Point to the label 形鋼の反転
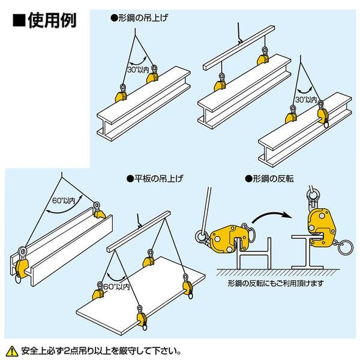click(x=275, y=178)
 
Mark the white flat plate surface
click(x=144, y=300)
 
